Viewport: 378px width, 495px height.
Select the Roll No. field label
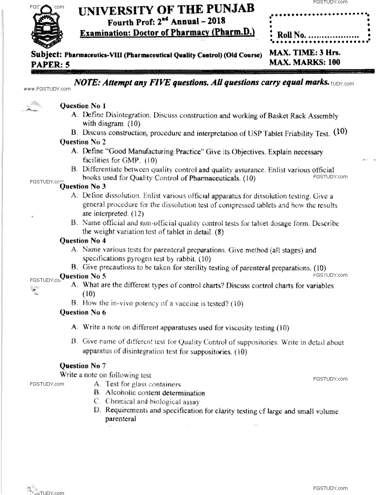point(291,35)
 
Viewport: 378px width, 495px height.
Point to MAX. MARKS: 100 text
point(305,62)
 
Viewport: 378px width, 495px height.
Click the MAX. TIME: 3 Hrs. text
point(305,53)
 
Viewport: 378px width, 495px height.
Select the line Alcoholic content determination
point(155,393)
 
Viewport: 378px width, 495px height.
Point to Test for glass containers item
point(143,384)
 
